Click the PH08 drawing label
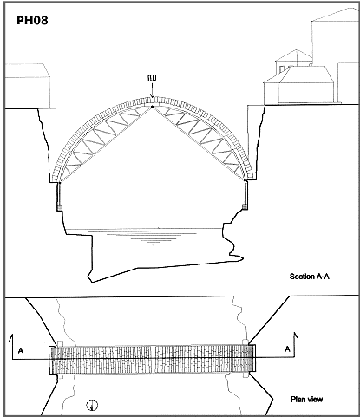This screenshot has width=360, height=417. (x=32, y=21)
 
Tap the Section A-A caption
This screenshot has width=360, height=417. (x=310, y=277)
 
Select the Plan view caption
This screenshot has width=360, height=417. (x=306, y=400)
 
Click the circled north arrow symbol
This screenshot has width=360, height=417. (x=92, y=405)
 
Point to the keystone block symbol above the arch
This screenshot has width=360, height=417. (x=152, y=78)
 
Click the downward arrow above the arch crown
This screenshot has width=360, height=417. (x=152, y=89)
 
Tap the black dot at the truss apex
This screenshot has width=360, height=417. (x=152, y=107)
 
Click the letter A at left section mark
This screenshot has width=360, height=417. (x=21, y=350)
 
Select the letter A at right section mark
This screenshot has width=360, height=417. (x=287, y=349)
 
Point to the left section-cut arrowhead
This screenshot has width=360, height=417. (x=12, y=337)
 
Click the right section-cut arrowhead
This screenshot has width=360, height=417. (x=295, y=336)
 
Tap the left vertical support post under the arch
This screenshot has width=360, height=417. (x=59, y=193)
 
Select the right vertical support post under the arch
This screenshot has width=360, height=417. (x=246, y=192)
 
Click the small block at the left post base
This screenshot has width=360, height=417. (x=59, y=208)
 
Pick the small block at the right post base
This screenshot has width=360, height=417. (x=245, y=207)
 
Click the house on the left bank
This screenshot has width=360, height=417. (x=28, y=86)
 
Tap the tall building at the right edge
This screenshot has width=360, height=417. (x=336, y=55)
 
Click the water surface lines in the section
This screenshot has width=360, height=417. (x=145, y=234)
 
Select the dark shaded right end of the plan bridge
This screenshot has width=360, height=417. (x=248, y=358)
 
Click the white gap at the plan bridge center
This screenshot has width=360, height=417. (x=153, y=358)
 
